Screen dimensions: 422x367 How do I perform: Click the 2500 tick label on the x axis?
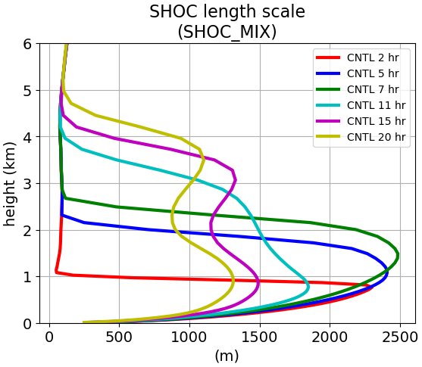400,337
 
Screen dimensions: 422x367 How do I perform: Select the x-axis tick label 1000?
189,337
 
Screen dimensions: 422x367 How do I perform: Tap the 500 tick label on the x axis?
119,337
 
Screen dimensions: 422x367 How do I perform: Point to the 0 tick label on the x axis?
49,337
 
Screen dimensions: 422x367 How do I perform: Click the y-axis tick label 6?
27,44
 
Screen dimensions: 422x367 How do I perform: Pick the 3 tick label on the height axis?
27,184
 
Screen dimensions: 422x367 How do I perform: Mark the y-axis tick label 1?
27,277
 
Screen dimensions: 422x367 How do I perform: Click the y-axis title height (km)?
10,184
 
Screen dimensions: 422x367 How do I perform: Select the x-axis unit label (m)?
227,356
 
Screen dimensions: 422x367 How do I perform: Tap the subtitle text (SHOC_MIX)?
227,32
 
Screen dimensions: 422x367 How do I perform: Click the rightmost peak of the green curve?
398,254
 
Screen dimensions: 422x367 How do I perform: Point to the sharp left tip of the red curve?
56,272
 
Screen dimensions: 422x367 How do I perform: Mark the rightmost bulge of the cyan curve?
308,287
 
